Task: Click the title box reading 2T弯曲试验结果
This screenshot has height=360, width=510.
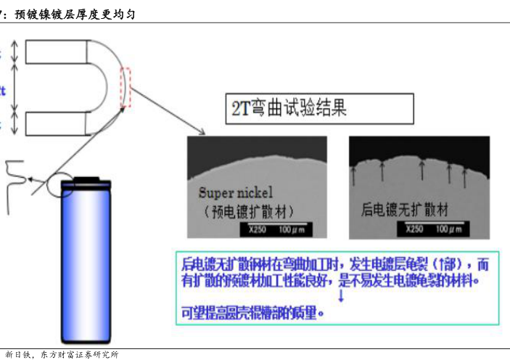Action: [x=320, y=108]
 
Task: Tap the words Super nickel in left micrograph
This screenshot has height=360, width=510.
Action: [x=235, y=193]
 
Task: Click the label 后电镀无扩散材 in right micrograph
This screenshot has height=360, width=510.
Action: [x=404, y=209]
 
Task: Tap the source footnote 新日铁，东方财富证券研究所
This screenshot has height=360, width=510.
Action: [x=62, y=354]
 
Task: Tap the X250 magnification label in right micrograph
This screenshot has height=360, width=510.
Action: [x=414, y=229]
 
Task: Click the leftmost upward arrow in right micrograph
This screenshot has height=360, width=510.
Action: [x=355, y=174]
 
